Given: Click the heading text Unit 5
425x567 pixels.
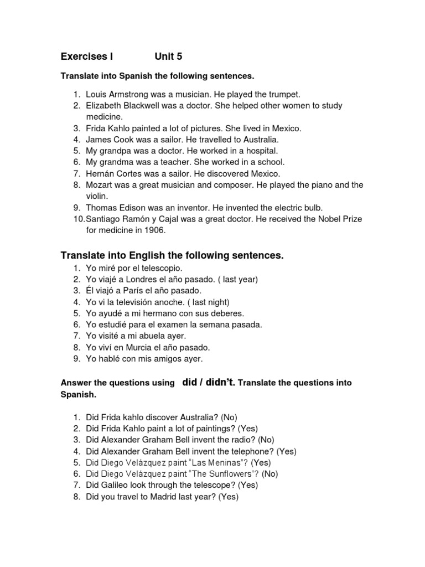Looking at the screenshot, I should coord(168,56).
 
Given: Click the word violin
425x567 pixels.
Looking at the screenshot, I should coord(97,196).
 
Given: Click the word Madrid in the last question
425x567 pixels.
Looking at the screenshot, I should coord(170,497).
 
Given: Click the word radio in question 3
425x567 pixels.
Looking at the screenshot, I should coord(244,439).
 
